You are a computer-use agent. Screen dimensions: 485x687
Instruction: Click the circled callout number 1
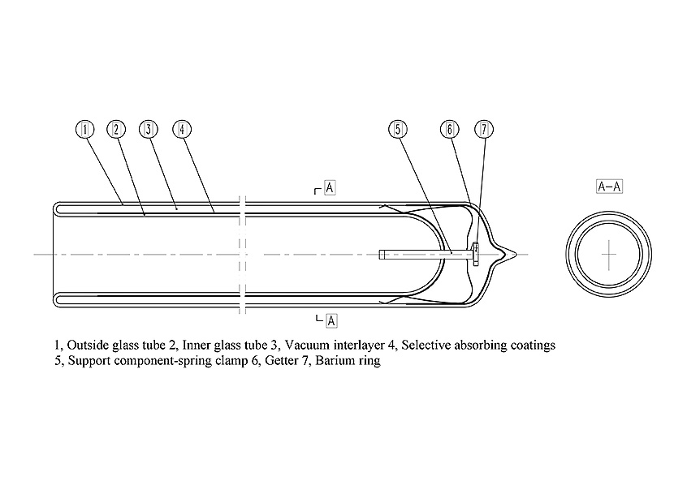86,129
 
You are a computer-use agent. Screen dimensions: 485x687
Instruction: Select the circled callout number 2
116,129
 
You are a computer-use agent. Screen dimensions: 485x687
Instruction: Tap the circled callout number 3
147,129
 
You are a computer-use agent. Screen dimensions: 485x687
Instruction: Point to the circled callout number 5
397,129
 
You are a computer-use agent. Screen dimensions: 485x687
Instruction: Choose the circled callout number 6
449,129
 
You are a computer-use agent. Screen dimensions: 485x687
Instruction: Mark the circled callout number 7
484,129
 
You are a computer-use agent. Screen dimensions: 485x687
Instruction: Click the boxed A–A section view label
609,187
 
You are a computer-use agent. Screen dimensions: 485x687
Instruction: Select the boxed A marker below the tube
331,321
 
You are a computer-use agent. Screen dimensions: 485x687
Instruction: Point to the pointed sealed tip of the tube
515,254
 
